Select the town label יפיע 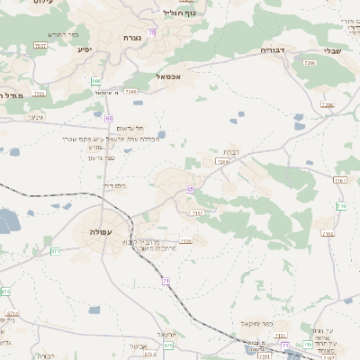(x=85, y=49)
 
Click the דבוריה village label (x=272, y=50)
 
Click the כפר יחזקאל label (x=256, y=322)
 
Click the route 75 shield (x=153, y=32)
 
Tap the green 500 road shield (x=95, y=81)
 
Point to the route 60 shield (x=109, y=118)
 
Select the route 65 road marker (x=191, y=189)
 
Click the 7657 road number (x=40, y=45)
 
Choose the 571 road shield (x=55, y=250)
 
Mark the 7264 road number (x=221, y=162)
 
